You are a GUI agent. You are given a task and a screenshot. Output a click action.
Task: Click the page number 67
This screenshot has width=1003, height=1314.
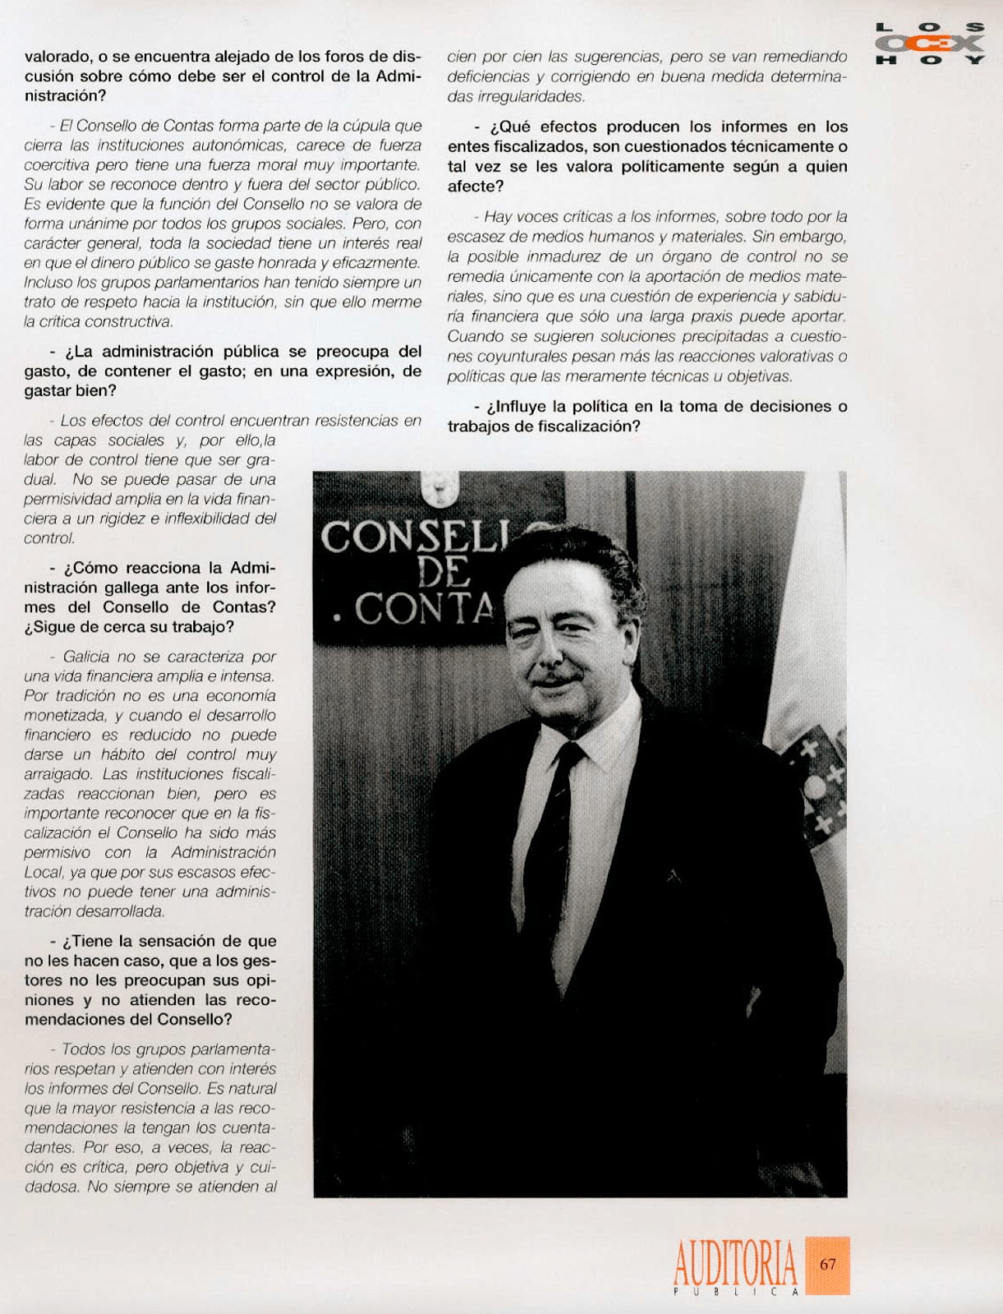click(827, 1264)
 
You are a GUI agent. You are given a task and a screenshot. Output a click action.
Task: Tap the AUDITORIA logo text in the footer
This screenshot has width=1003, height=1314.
click(735, 1262)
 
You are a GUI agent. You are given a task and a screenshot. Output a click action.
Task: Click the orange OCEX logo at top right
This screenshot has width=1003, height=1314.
click(930, 44)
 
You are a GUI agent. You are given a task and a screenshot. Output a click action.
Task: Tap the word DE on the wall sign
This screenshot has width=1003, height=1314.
click(444, 572)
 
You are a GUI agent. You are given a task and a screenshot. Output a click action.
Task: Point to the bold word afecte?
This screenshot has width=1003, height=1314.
click(475, 187)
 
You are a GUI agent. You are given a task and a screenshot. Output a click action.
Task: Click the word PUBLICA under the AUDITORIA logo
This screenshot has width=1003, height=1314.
click(735, 1292)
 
